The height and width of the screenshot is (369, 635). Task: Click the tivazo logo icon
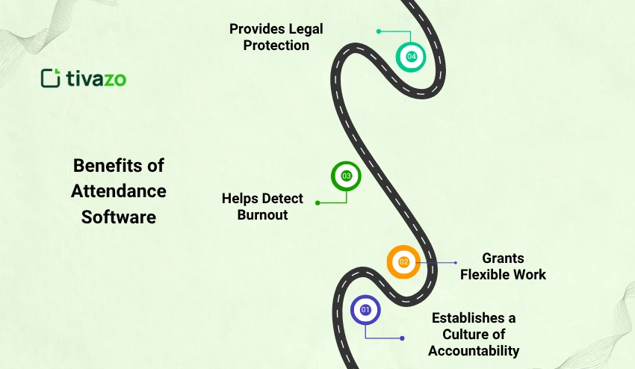pyautogui.click(x=50, y=78)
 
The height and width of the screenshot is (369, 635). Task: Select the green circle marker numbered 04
pyautogui.click(x=411, y=57)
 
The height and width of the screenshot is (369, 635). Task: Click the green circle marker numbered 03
pyautogui.click(x=346, y=176)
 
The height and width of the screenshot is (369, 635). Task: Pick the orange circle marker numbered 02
pyautogui.click(x=403, y=262)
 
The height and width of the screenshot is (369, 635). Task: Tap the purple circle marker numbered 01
pyautogui.click(x=365, y=309)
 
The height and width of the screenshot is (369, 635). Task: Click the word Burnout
pyautogui.click(x=263, y=215)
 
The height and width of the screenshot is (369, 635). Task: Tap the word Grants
pyautogui.click(x=503, y=258)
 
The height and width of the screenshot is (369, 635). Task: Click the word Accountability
pyautogui.click(x=474, y=350)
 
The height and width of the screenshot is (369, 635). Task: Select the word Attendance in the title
pyautogui.click(x=119, y=190)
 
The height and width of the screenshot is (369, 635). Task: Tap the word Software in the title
pyautogui.click(x=119, y=217)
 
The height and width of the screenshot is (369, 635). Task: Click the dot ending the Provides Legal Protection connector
pyautogui.click(x=379, y=31)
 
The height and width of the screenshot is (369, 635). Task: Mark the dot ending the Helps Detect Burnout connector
pyautogui.click(x=317, y=202)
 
